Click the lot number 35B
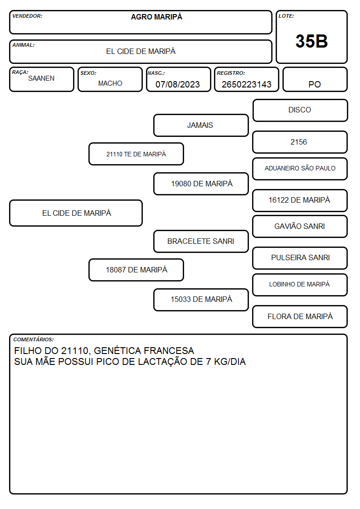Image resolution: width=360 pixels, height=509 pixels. pos(311,41)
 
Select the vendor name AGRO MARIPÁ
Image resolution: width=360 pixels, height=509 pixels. pos(156,17)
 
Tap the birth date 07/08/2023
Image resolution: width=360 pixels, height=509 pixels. pos(178,84)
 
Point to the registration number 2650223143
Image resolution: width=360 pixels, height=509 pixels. pos(246,84)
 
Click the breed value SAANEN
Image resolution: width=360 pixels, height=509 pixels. pos(41,78)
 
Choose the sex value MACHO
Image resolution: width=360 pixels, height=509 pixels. pos(110,83)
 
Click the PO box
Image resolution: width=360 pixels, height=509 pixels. pos(315,79)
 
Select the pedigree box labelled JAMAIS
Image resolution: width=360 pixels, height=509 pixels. pos(201,125)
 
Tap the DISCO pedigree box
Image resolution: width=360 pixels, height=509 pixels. pos(300,111)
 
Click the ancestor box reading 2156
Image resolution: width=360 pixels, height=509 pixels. pos(300,142)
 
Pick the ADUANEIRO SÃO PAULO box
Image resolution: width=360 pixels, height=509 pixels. pos(300,169)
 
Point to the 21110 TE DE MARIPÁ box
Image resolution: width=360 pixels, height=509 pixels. pos(136,154)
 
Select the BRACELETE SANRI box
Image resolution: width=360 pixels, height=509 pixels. pos(201,242)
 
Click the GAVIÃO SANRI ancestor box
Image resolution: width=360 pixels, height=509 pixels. pos(300,227)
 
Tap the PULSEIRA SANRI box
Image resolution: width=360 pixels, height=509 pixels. pos(300,258)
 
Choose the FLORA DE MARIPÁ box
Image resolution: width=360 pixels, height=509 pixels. pos(300,316)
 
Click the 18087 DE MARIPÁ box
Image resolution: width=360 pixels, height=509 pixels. pos(136,270)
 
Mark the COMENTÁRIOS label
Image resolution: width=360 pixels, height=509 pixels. pos(34,339)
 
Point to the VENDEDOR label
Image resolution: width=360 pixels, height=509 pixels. pos(27,16)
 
